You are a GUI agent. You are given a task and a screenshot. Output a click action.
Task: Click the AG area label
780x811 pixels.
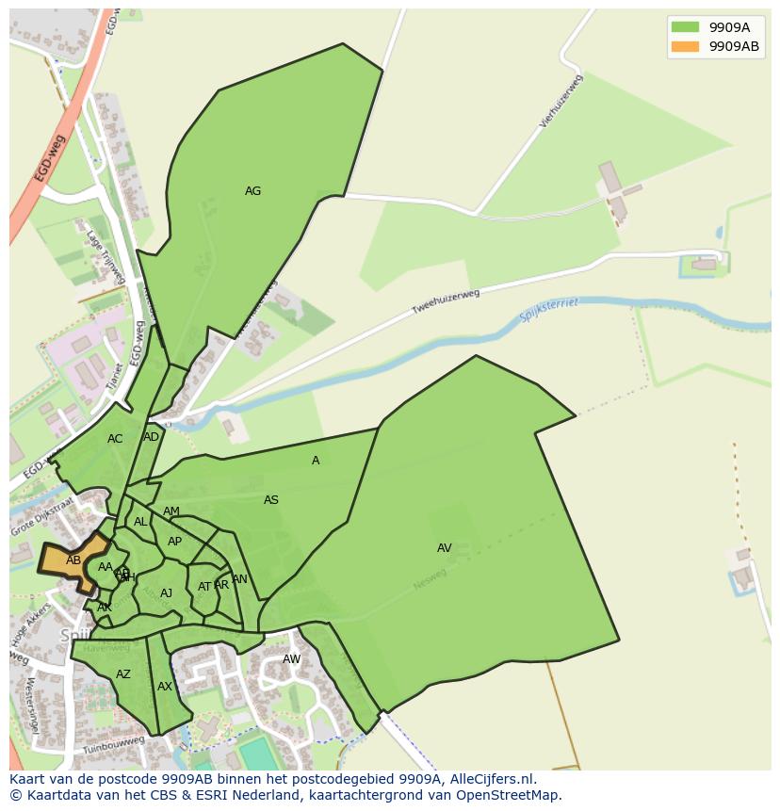[252, 191]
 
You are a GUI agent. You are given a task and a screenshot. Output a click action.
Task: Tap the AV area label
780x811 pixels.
[445, 548]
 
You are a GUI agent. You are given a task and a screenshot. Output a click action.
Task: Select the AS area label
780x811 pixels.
[271, 500]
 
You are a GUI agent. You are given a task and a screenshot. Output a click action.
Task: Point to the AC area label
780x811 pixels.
[115, 439]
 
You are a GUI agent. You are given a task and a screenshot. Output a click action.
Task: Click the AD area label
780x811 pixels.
[152, 437]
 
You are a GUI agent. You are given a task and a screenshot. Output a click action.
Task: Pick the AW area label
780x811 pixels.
[292, 659]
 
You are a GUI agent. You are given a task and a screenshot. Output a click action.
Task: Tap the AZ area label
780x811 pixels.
[123, 674]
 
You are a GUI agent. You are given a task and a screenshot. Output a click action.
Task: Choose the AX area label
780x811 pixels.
[165, 687]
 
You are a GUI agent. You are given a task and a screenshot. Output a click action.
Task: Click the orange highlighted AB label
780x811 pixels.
[73, 560]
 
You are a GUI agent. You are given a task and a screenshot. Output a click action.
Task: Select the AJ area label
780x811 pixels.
[167, 593]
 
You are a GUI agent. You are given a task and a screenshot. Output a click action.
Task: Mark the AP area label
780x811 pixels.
[174, 542]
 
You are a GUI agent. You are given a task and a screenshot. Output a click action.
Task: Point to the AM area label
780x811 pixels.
[171, 511]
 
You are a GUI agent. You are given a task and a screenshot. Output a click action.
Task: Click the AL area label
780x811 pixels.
[140, 522]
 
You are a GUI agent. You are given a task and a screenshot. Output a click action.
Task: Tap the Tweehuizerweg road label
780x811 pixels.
[446, 301]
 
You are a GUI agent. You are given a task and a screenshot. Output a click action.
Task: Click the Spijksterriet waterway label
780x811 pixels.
[549, 310]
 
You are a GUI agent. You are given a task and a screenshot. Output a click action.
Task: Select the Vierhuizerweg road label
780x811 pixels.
[562, 112]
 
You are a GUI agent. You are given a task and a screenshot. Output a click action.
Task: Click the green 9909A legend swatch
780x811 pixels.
[685, 27]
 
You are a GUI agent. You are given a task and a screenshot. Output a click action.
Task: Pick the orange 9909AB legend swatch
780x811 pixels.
[685, 46]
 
